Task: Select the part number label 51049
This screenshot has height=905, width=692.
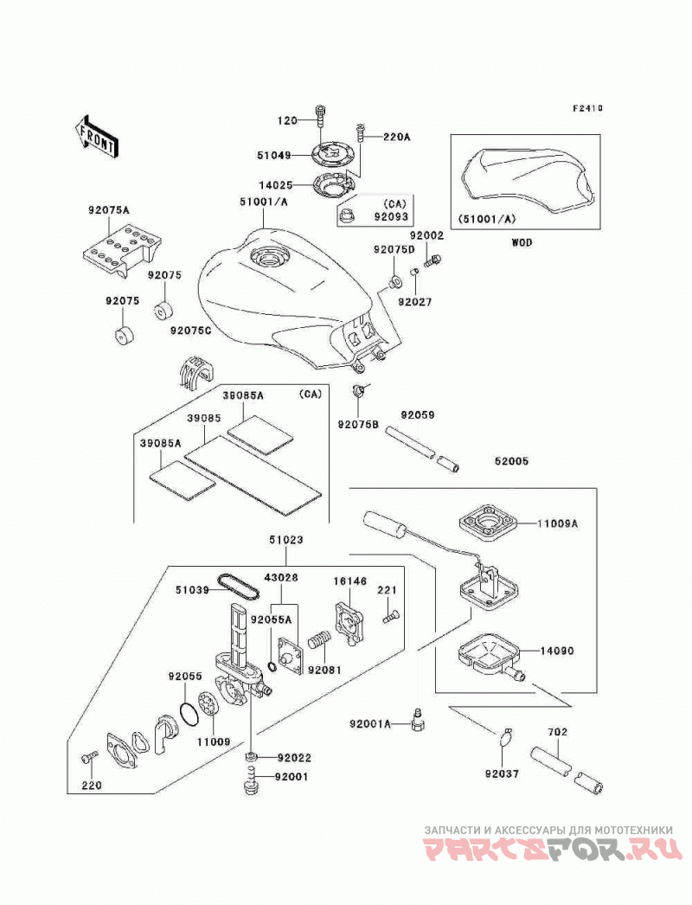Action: tap(274, 155)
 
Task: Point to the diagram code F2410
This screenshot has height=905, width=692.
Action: tap(587, 108)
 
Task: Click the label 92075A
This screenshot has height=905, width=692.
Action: tap(108, 210)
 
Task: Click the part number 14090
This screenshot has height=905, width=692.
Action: tap(557, 651)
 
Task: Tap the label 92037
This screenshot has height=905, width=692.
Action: tap(503, 773)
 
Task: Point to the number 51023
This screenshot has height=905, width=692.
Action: tap(285, 540)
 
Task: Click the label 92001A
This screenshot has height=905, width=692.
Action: tap(370, 723)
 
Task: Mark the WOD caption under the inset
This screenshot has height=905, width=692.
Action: tap(522, 242)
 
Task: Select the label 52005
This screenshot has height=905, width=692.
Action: tap(511, 461)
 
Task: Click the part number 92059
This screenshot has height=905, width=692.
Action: tap(418, 415)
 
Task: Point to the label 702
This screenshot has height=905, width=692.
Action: tap(558, 732)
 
